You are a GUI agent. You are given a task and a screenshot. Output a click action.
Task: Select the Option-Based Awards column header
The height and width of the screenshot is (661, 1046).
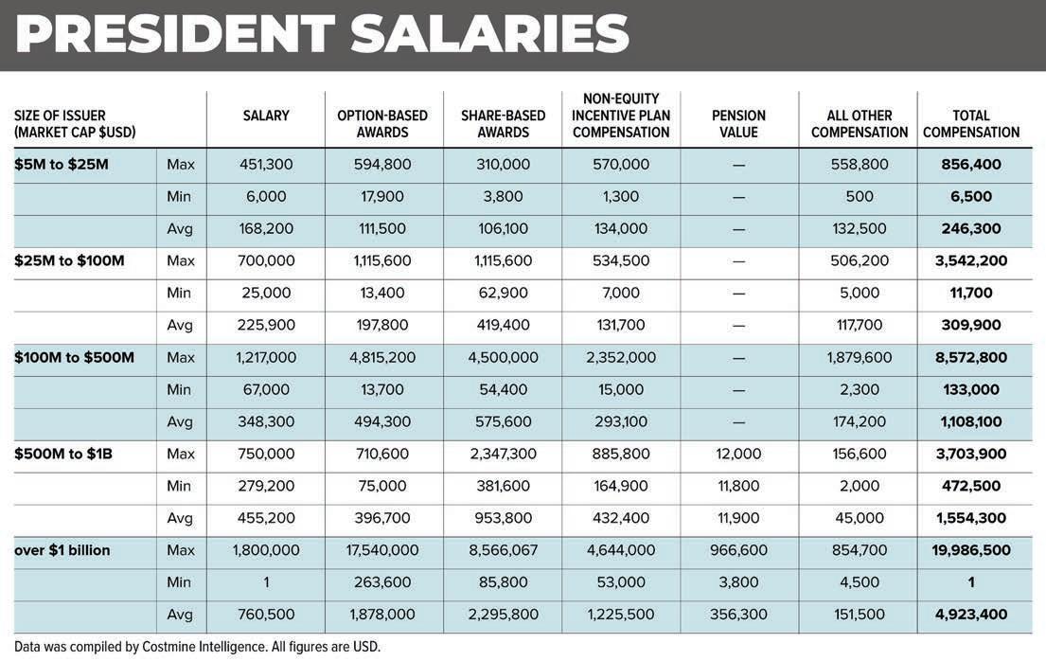click(382, 124)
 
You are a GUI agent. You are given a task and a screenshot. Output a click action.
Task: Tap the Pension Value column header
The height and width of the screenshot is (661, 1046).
click(738, 124)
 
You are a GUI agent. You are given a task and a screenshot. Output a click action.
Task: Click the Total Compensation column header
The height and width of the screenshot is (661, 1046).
click(971, 124)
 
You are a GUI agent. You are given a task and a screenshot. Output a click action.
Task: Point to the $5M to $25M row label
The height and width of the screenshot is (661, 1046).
click(62, 164)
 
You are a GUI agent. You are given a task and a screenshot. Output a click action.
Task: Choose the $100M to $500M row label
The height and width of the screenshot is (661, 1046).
click(75, 357)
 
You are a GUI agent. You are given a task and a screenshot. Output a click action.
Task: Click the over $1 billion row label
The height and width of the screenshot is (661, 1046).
click(62, 550)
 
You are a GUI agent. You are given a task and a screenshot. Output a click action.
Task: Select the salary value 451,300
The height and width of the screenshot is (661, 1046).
click(266, 164)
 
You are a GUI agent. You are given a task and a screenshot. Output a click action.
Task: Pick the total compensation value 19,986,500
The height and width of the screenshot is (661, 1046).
click(971, 550)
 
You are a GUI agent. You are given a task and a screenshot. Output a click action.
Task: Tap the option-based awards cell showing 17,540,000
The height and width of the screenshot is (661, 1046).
click(382, 550)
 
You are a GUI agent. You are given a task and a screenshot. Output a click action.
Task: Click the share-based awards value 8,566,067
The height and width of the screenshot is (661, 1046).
click(503, 550)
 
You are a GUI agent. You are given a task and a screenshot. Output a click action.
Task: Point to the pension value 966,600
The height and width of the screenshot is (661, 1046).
click(738, 550)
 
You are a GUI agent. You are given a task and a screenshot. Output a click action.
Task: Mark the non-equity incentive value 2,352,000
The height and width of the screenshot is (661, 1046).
click(621, 357)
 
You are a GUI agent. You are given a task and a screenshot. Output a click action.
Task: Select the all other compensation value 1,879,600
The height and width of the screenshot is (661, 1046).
click(859, 357)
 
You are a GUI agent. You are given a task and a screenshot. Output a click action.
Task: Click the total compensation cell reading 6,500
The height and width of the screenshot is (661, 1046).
click(971, 196)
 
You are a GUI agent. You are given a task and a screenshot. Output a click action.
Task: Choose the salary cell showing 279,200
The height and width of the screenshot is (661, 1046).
click(266, 486)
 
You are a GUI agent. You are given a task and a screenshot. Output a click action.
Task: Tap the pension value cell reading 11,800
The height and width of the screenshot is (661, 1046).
click(738, 486)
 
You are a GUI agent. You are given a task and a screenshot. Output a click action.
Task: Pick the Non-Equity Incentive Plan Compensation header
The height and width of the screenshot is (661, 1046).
click(621, 116)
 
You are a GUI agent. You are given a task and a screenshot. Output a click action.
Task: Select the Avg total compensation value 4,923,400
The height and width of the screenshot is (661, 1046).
click(971, 615)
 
